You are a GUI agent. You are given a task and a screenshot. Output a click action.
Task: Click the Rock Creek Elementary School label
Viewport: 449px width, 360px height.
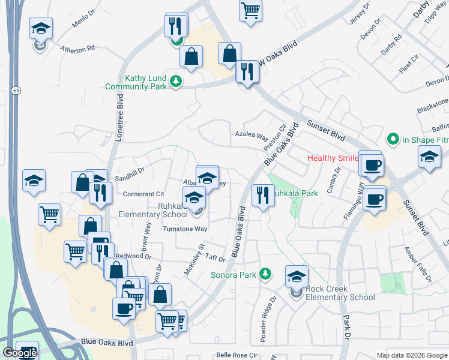click(340, 293)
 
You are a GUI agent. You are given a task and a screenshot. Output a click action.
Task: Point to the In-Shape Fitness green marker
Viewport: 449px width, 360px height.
click(393, 139)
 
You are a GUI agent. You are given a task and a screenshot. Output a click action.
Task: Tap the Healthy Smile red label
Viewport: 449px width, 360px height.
click(333, 158)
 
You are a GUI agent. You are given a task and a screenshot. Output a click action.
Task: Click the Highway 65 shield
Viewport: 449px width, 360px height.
click(16, 91)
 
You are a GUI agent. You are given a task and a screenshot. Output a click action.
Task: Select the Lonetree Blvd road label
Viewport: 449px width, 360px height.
click(112, 120)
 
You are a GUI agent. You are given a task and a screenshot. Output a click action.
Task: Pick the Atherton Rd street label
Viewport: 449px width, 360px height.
click(77, 48)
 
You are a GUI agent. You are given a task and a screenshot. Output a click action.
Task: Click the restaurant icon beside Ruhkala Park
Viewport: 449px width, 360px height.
click(262, 196)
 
